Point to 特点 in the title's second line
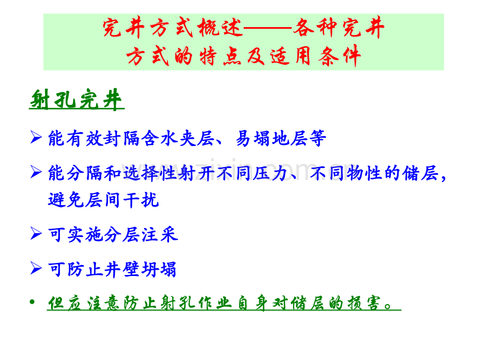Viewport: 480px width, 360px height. pos(223,56)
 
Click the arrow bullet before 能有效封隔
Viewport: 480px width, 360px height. pos(36,138)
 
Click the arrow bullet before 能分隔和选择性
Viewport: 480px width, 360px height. pos(36,172)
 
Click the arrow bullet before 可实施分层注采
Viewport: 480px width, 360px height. pos(36,234)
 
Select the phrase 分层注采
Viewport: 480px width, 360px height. pos(141,234)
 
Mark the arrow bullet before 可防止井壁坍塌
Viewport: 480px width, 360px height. pos(36,269)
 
